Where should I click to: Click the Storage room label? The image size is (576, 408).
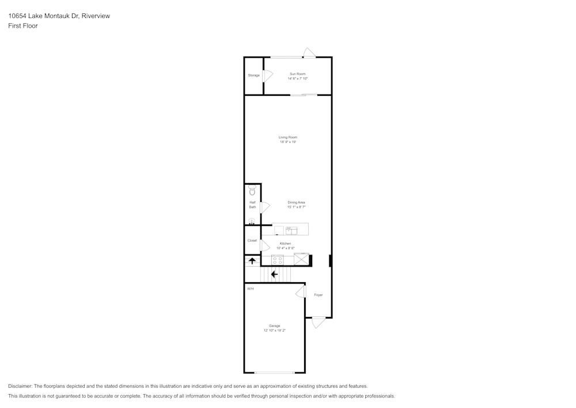(x=253, y=76)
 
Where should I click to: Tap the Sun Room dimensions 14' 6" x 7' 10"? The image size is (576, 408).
(x=298, y=78)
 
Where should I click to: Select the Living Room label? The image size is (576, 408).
(x=288, y=137)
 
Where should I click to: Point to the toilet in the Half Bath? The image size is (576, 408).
(x=252, y=190)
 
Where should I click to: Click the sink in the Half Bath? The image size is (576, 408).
(x=252, y=221)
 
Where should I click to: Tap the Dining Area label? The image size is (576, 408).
(x=296, y=203)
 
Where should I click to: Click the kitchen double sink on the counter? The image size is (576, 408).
(x=291, y=231)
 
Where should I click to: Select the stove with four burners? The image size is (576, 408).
(x=278, y=260)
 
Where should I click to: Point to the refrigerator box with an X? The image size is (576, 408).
(x=301, y=259)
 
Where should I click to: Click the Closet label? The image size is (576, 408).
(x=252, y=241)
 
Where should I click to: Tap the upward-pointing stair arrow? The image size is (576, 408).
(x=252, y=261)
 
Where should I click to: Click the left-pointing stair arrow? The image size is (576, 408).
(x=274, y=275)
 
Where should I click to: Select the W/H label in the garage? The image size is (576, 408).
(x=250, y=289)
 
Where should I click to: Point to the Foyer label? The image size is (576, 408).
(x=319, y=295)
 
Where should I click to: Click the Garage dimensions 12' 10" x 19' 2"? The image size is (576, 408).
(x=274, y=330)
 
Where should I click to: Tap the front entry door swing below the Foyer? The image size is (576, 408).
(x=318, y=323)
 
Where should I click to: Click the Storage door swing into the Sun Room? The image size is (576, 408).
(x=268, y=76)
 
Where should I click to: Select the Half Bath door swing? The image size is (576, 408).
(x=265, y=207)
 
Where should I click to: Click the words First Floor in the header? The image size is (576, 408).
(x=23, y=26)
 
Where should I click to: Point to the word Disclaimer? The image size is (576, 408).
(x=20, y=386)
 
